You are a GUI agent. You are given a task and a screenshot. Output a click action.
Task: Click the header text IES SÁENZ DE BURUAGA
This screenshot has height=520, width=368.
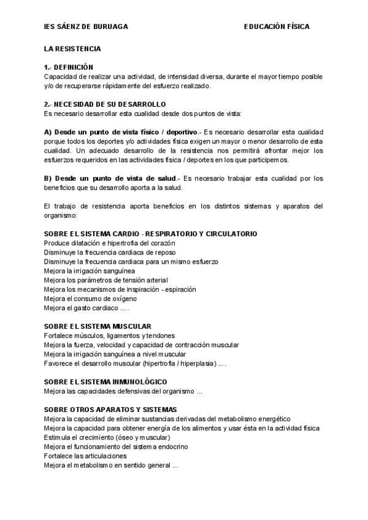86,27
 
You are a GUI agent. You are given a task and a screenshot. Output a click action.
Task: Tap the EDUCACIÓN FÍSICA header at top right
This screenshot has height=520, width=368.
277,27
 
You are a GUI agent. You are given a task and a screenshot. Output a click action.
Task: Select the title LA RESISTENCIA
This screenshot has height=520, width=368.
72,48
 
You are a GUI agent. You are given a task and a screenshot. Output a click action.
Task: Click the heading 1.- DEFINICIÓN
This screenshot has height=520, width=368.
68,67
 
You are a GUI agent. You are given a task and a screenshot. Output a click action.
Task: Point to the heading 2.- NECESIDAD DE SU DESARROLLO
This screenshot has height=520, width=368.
105,104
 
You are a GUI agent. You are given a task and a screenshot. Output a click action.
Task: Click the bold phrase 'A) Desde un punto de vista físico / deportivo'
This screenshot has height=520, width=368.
120,132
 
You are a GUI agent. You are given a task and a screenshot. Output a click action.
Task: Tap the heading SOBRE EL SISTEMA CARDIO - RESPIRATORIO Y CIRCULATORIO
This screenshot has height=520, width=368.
151,234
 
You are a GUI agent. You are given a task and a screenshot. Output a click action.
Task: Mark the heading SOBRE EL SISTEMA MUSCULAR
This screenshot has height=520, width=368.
98,326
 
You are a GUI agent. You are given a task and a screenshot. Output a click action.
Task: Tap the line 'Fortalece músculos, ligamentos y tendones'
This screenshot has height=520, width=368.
110,335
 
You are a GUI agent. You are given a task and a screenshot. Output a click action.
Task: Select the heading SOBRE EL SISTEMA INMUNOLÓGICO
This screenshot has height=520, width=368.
105,381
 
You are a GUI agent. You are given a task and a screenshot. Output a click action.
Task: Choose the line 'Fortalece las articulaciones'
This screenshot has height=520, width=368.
85,456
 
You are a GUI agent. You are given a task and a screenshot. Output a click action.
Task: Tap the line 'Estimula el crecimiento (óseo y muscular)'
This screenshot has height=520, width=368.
107,437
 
